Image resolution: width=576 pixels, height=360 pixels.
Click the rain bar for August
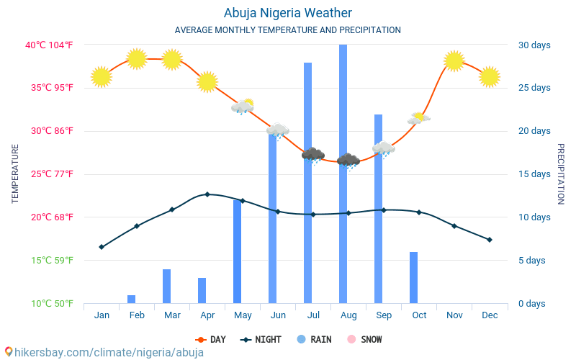[343, 174]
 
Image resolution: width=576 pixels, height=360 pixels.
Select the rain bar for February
[132, 299]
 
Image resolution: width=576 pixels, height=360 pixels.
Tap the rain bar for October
[414, 277]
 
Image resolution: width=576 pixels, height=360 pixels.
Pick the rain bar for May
[238, 251]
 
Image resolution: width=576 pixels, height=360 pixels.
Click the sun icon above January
[102, 76]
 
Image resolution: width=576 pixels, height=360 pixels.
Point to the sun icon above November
[454, 60]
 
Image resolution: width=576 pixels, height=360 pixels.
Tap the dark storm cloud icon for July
[312, 155]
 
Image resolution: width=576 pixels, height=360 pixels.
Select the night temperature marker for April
[207, 194]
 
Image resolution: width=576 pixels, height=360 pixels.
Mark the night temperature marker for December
[490, 240]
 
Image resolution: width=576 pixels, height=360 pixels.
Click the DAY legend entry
[211, 339]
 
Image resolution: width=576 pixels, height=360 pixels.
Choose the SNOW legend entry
[365, 339]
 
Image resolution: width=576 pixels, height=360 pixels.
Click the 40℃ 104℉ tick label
[50, 45]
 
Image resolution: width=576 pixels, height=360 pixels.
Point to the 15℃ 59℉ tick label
[50, 260]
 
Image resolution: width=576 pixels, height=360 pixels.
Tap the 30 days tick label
[534, 45]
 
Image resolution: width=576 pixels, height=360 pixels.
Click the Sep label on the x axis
[384, 315]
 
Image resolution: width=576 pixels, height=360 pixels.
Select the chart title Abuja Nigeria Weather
[288, 13]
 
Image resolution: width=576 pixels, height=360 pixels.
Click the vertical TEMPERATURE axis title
[15, 174]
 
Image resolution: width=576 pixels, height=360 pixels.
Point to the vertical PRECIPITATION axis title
[561, 174]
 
